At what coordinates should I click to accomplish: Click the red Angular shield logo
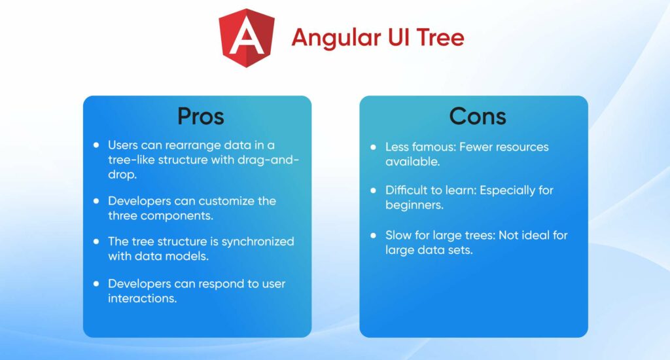tap(247, 38)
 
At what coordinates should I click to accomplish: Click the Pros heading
tap(200, 116)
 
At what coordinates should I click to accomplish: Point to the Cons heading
tap(477, 116)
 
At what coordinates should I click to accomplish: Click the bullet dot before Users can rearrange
tap(97, 145)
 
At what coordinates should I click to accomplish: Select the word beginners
tap(414, 205)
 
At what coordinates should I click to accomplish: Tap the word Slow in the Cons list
tap(398, 235)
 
